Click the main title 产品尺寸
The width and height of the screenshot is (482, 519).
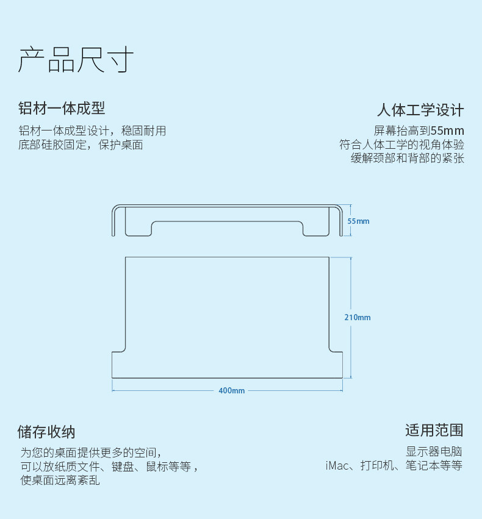click(76, 60)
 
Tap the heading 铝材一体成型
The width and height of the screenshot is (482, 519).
click(62, 109)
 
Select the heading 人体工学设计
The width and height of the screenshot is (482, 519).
click(420, 110)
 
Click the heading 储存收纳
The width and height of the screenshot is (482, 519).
click(46, 432)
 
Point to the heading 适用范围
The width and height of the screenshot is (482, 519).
click(434, 430)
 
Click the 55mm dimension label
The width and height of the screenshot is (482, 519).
click(358, 221)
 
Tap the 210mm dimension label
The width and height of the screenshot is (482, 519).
click(357, 317)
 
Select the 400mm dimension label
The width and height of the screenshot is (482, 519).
click(231, 390)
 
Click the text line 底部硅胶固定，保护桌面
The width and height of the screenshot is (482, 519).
click(81, 145)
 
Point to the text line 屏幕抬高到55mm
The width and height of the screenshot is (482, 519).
click(419, 131)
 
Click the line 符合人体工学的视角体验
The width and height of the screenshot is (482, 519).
click(402, 145)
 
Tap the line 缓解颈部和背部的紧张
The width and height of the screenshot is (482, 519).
click(408, 159)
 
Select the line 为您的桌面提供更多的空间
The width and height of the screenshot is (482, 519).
click(91, 453)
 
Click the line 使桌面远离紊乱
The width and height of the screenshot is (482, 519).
click(60, 481)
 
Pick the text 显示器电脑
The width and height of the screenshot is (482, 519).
click(434, 452)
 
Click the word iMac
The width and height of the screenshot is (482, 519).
click(337, 466)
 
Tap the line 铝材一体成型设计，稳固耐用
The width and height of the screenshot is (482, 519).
click(92, 131)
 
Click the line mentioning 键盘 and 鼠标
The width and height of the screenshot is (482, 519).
click(109, 467)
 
